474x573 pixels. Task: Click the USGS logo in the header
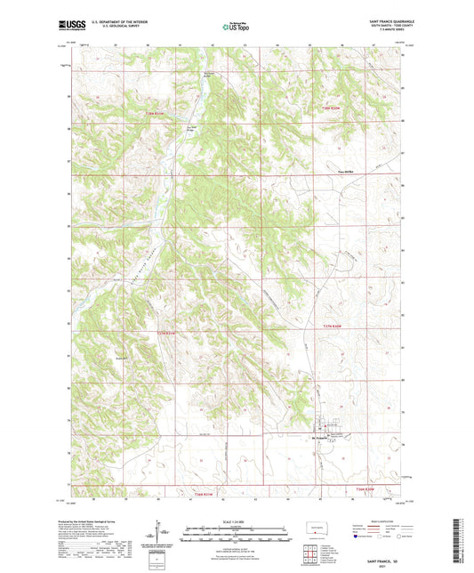[x=68, y=26]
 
